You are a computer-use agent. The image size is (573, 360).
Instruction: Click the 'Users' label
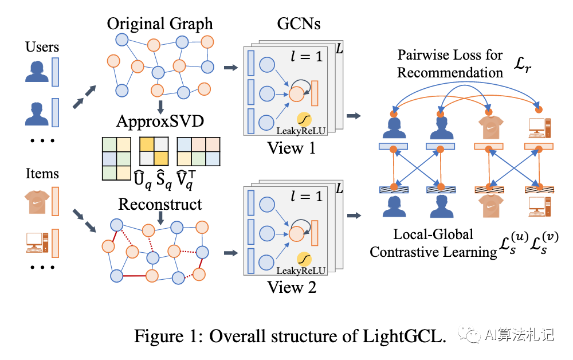pos(42,46)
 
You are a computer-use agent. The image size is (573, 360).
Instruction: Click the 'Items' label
pos(42,173)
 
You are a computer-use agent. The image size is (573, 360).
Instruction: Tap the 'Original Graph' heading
pos(160,25)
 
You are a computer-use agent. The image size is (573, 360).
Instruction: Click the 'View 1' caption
pos(292,148)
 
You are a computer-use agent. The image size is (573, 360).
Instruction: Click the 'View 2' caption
pos(292,287)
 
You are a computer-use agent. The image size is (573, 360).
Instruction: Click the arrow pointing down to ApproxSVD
pos(160,107)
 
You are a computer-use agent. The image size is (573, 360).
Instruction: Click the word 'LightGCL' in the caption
pos(406,336)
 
